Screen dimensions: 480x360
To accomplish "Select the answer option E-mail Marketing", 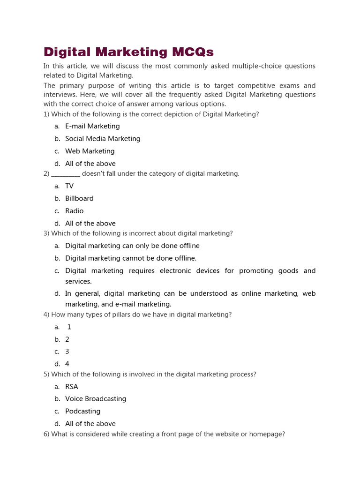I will pyautogui.click(x=92, y=126).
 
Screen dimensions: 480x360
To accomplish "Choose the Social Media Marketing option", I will pyautogui.click(x=103, y=139).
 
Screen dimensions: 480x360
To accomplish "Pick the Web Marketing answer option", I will pyautogui.click(x=90, y=151).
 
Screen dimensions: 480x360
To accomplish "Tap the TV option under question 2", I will pyautogui.click(x=69, y=186).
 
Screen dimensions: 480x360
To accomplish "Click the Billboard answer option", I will pyautogui.click(x=79, y=198).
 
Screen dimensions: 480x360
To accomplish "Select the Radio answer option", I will pyautogui.click(x=74, y=211).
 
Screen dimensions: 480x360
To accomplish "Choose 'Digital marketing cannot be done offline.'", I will pyautogui.click(x=131, y=258).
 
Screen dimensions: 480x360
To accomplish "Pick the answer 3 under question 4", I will pyautogui.click(x=67, y=352).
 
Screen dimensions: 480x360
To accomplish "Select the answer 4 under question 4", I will pyautogui.click(x=67, y=364).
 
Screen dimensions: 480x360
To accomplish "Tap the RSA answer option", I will pyautogui.click(x=72, y=387).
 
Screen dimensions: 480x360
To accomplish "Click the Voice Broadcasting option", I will pyautogui.click(x=96, y=399).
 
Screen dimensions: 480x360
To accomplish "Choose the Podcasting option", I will pyautogui.click(x=82, y=411).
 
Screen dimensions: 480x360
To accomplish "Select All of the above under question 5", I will pyautogui.click(x=90, y=424).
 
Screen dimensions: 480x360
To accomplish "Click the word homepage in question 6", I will pyautogui.click(x=268, y=434).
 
